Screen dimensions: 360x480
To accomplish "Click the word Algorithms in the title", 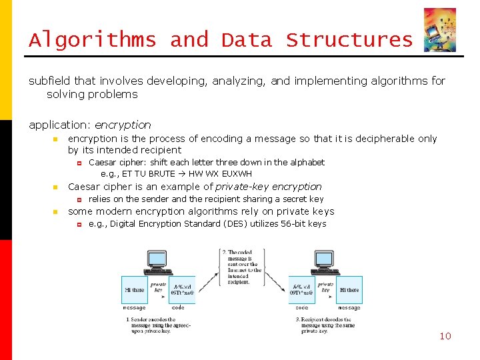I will [92, 40].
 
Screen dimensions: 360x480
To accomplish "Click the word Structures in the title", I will [349, 40].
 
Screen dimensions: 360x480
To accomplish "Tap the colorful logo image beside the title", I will [440, 30].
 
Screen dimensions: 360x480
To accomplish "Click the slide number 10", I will [445, 336].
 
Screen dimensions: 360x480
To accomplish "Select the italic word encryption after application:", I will [123, 125].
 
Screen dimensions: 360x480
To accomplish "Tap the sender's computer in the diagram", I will [158, 263].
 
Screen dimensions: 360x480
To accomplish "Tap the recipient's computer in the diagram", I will [325, 263].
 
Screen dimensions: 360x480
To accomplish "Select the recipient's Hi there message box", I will [349, 290].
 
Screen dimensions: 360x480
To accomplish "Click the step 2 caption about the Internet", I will [244, 267].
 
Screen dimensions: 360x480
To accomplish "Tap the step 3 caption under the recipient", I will [327, 325].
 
